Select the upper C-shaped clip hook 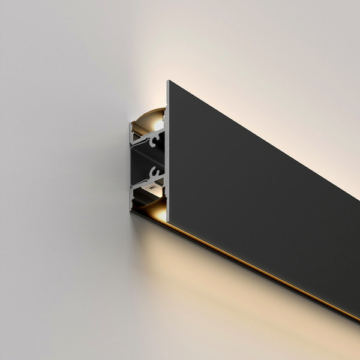point(157,142)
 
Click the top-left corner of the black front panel point(169,81)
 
